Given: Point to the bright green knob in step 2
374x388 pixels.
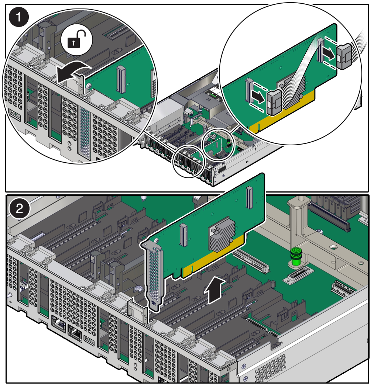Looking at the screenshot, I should point(295,257).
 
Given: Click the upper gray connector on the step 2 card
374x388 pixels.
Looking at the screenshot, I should point(250,197).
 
